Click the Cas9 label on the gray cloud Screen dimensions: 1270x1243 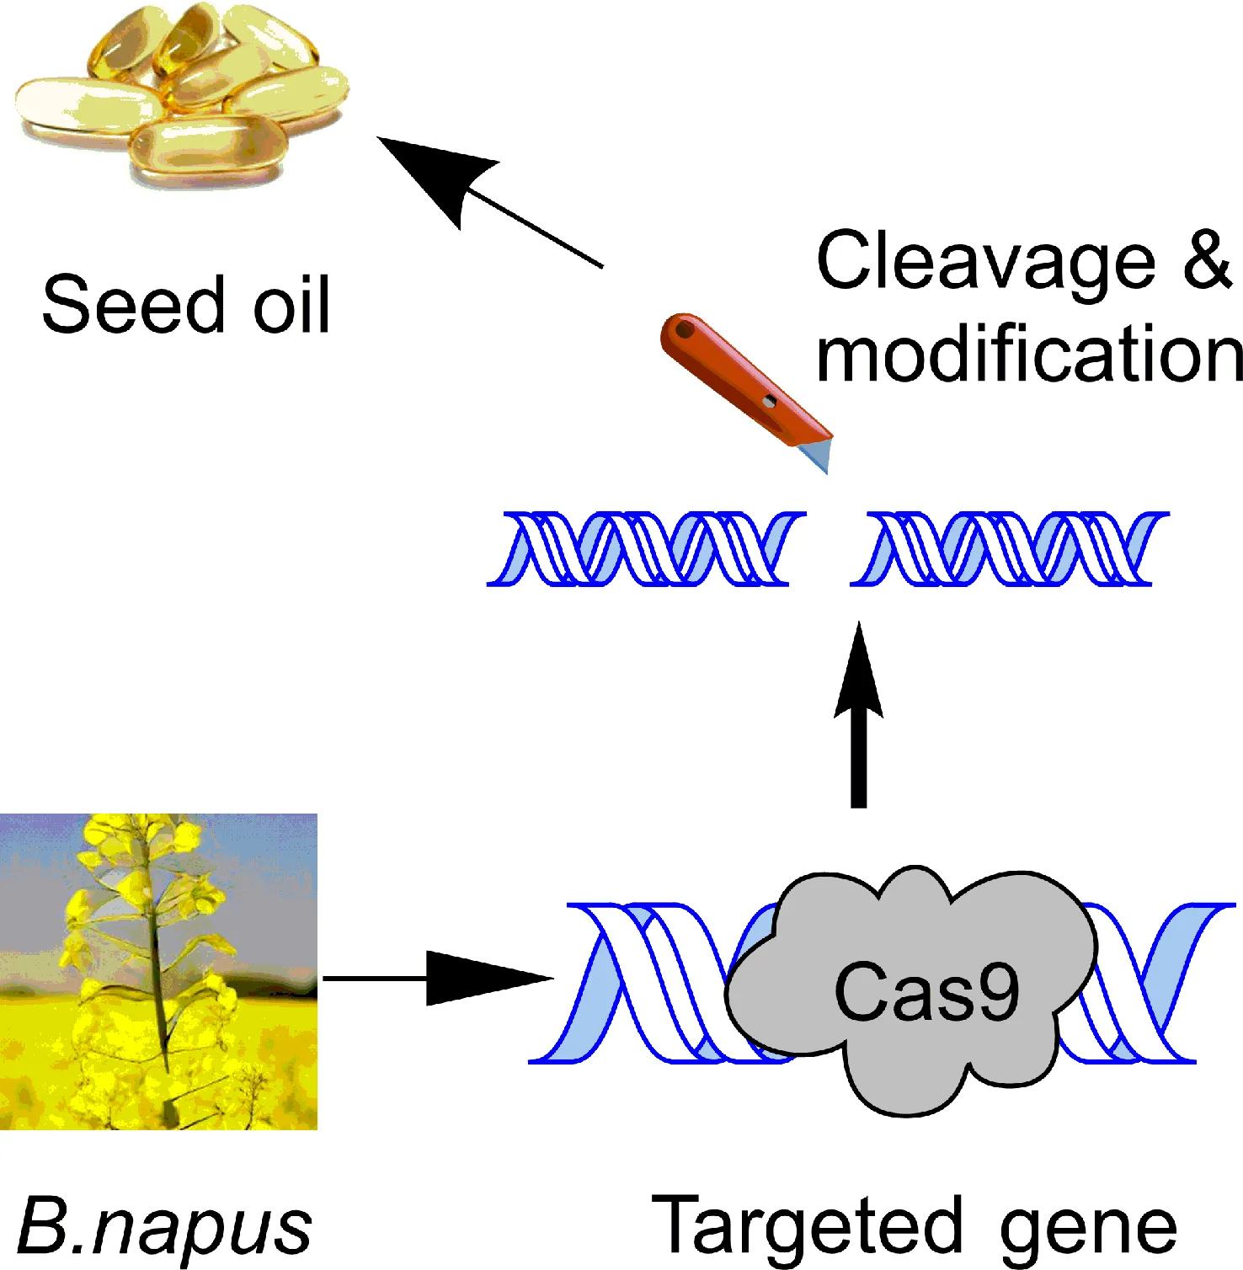click(x=926, y=992)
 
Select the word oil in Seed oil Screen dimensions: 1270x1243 click(x=291, y=304)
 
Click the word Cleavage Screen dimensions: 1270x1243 click(x=985, y=263)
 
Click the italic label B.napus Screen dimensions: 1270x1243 click(x=164, y=1226)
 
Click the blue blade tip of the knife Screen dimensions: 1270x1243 click(x=817, y=456)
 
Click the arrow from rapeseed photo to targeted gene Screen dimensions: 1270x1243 click(x=438, y=979)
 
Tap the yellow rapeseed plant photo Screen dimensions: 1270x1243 click(x=158, y=971)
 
